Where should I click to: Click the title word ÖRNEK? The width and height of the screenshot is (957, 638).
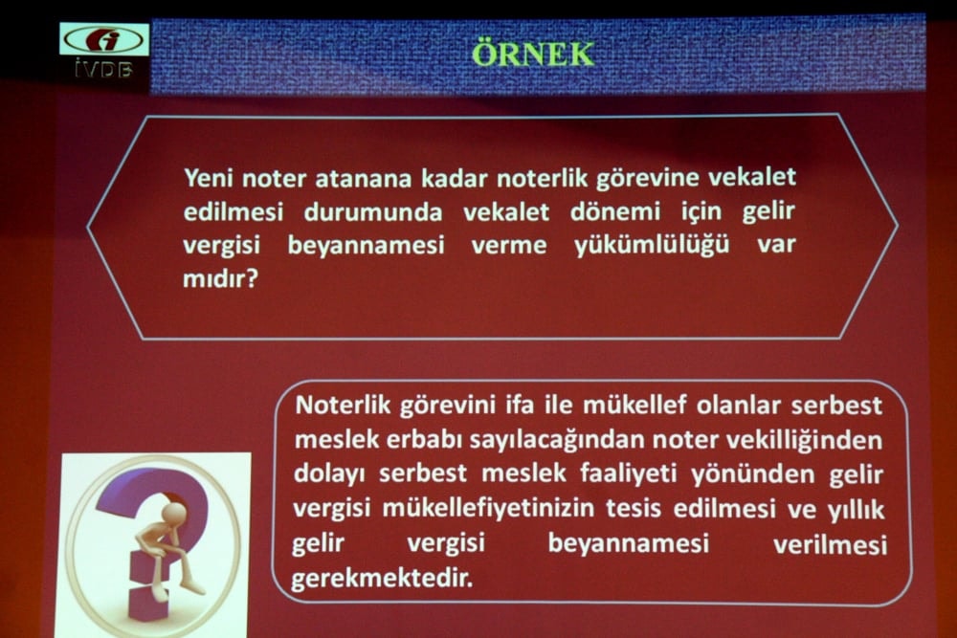533,54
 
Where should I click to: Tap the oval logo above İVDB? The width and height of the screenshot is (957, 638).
104,40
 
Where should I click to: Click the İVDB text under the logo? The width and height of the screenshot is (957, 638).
103,69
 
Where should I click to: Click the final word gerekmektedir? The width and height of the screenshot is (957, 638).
381,580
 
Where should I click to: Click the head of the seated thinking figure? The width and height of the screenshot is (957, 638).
174,514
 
